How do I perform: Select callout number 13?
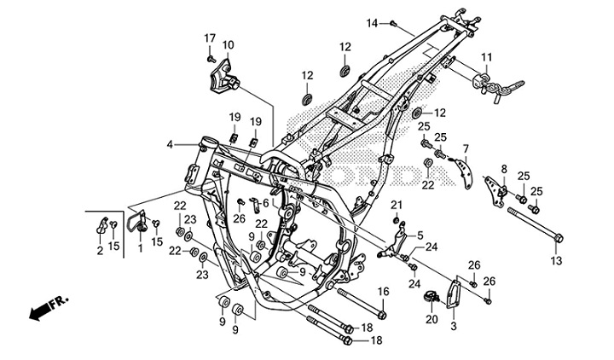[556, 261]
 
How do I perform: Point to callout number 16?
[383, 292]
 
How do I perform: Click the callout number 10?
[228, 44]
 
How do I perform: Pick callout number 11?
[486, 58]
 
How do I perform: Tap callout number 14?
[372, 22]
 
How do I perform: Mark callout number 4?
[171, 145]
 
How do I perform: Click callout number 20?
[431, 319]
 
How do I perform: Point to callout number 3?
[453, 326]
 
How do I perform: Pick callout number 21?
[396, 204]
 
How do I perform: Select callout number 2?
[100, 250]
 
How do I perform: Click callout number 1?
[141, 248]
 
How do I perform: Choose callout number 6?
[265, 203]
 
